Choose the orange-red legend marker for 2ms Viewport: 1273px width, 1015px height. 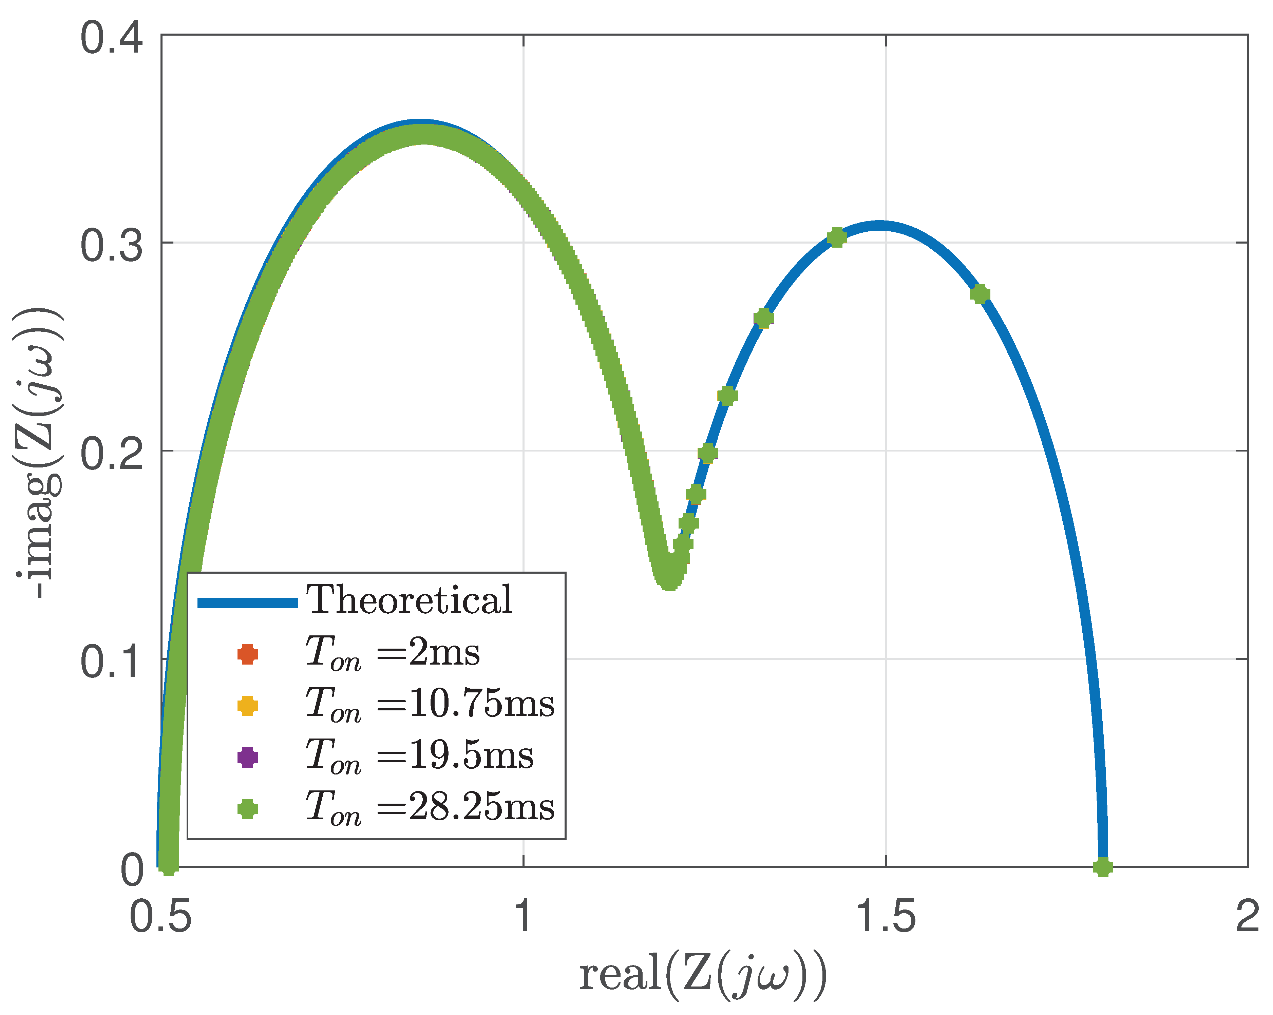pyautogui.click(x=247, y=654)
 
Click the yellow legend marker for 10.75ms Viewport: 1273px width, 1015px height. pyautogui.click(x=247, y=706)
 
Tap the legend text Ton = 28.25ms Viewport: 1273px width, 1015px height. pyautogui.click(x=430, y=808)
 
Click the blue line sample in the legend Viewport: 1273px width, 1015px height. pyautogui.click(x=247, y=602)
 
